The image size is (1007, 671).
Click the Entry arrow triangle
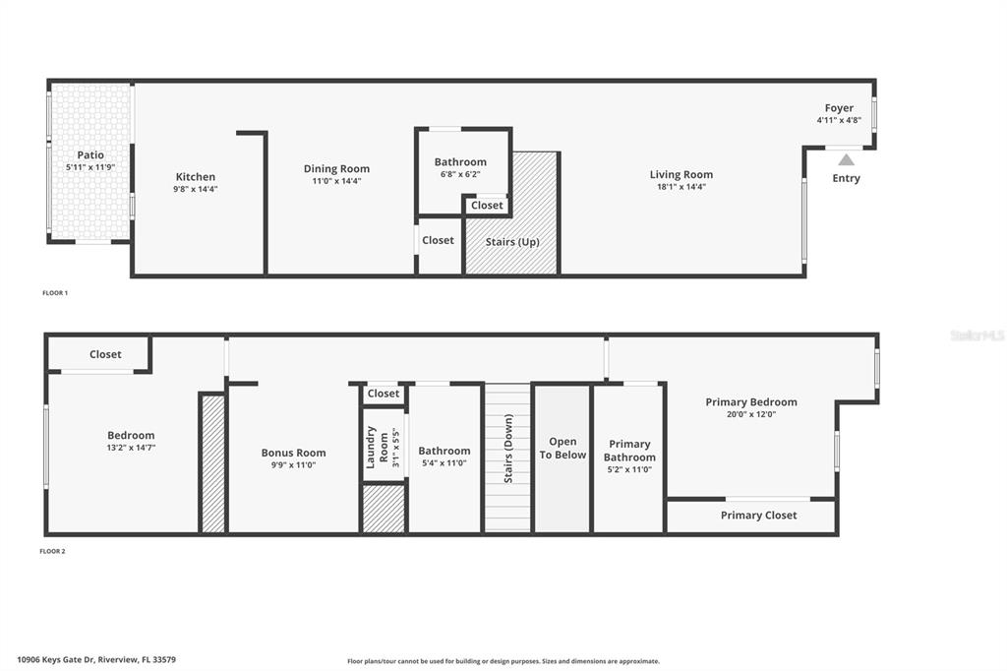pyautogui.click(x=846, y=159)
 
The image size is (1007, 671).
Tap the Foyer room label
pyautogui.click(x=839, y=108)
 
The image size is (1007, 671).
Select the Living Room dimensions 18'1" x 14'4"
pyautogui.click(x=681, y=187)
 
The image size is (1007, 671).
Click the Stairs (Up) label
pyautogui.click(x=512, y=242)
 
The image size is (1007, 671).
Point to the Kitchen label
pyautogui.click(x=196, y=177)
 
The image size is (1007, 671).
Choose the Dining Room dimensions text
pyautogui.click(x=336, y=181)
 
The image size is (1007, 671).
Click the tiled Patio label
pyautogui.click(x=90, y=155)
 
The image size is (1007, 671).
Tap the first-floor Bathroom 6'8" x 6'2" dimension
pyautogui.click(x=460, y=174)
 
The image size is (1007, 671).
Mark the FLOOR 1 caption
pyautogui.click(x=55, y=293)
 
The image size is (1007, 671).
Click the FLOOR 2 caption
pyautogui.click(x=52, y=552)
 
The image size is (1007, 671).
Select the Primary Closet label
pyautogui.click(x=758, y=516)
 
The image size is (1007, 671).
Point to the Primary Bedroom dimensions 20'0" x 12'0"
pyautogui.click(x=751, y=414)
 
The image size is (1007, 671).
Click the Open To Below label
pyautogui.click(x=563, y=449)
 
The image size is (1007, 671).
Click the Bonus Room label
pyautogui.click(x=293, y=454)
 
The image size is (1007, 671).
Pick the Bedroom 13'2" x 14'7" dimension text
pyautogui.click(x=131, y=448)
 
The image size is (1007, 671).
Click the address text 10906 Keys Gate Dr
pyautogui.click(x=95, y=660)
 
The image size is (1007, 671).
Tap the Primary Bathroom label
pyautogui.click(x=629, y=451)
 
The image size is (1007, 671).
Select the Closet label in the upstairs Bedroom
pyautogui.click(x=105, y=354)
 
